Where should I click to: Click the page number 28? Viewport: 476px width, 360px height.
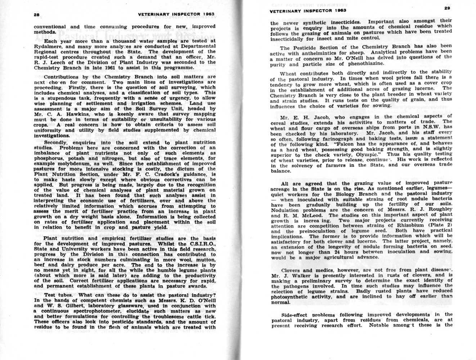click(36, 15)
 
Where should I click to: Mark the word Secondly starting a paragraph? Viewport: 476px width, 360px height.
click(56, 142)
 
